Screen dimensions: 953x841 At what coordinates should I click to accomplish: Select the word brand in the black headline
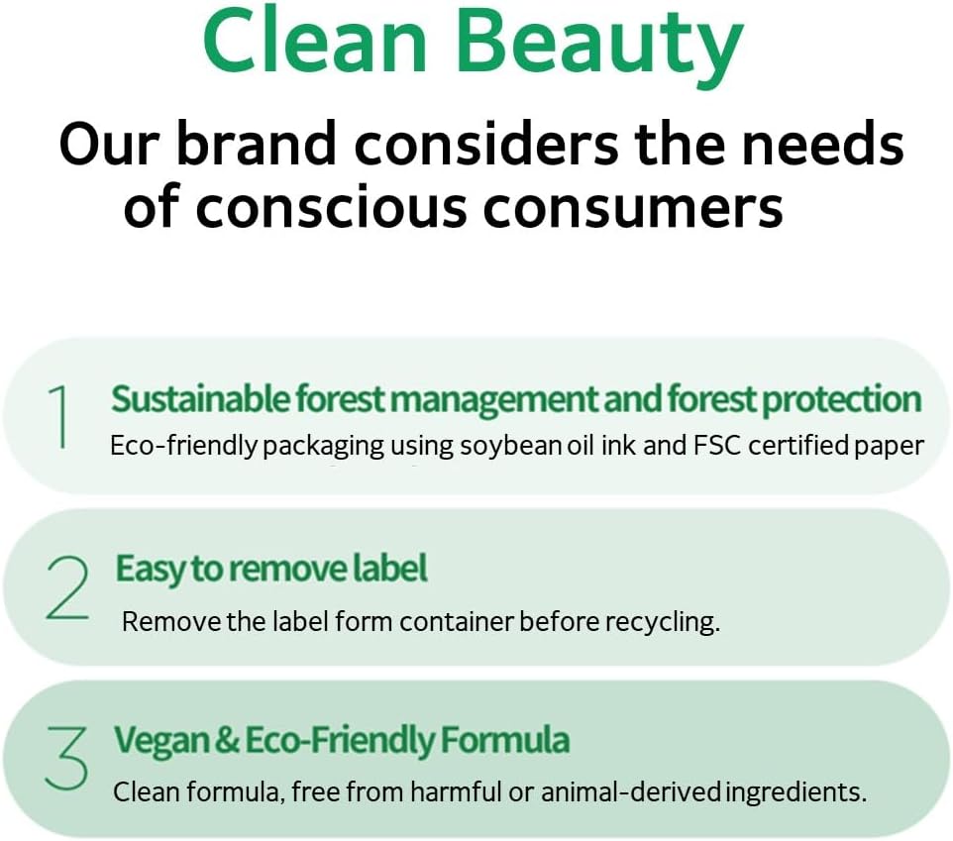click(x=256, y=143)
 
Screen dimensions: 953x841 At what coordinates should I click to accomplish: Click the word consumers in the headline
click(x=633, y=207)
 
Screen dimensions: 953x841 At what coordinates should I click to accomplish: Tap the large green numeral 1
click(x=59, y=416)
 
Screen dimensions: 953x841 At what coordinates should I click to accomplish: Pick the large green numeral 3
click(x=66, y=758)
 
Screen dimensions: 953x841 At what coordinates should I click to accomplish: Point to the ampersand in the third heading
click(x=228, y=740)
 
